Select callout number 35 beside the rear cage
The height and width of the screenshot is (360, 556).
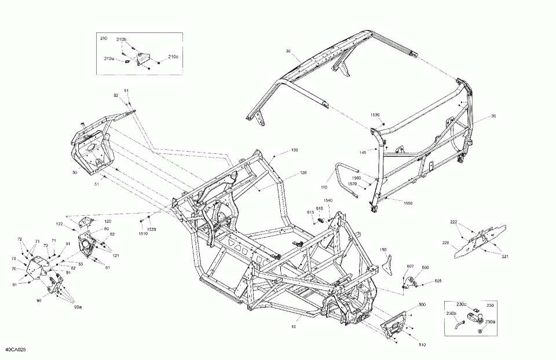493,117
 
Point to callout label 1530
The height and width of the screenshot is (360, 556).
376,115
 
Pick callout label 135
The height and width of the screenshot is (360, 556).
303,173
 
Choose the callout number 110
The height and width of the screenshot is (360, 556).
324,188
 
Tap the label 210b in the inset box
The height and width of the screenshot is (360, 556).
121,39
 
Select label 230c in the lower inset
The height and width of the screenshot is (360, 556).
462,304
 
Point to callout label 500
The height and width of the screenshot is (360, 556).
422,304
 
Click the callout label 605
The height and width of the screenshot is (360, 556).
438,281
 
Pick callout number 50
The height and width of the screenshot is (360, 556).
74,172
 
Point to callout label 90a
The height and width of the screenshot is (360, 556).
76,306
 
